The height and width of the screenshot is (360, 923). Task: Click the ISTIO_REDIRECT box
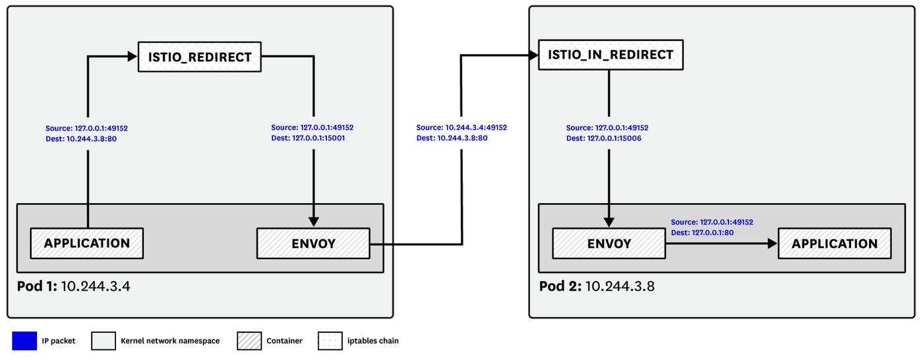click(199, 57)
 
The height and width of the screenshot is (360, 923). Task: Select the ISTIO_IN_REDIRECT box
click(610, 55)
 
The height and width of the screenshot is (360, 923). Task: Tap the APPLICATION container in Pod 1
click(87, 243)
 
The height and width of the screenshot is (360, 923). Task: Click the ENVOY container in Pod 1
click(313, 243)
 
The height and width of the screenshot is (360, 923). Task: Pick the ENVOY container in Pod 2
click(609, 243)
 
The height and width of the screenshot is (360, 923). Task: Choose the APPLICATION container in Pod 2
click(834, 243)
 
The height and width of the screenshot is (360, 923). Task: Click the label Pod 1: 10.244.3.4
click(73, 286)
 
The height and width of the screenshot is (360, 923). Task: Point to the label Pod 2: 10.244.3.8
click(596, 286)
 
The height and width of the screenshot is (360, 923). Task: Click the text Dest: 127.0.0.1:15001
click(308, 138)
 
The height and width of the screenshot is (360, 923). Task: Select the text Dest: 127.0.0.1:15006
click(603, 138)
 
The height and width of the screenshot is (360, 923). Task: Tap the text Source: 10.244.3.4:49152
click(461, 128)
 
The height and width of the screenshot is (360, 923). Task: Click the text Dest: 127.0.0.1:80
click(702, 233)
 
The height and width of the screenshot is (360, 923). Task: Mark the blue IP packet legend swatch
click(24, 341)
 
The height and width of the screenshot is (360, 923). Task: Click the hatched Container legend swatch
click(249, 341)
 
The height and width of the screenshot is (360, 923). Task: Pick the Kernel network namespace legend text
click(170, 341)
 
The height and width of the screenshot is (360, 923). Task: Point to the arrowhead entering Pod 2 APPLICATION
click(772, 243)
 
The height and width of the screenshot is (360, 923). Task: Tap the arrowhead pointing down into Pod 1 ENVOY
click(314, 222)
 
